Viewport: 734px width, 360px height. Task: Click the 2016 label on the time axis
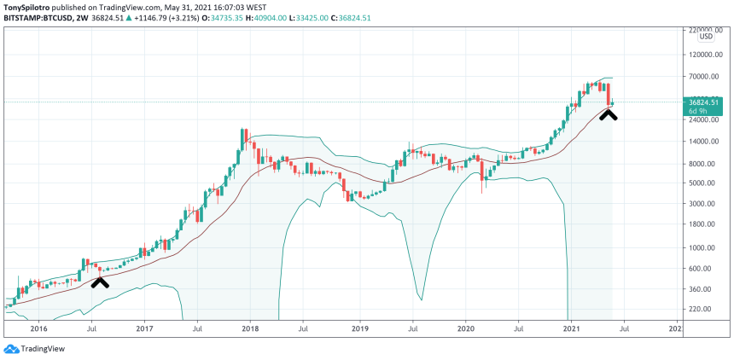[x=38, y=328]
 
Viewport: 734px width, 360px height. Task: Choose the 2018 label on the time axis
[x=250, y=328]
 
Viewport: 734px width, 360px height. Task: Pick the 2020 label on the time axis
[x=466, y=328]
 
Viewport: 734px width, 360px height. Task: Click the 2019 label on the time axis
[x=359, y=328]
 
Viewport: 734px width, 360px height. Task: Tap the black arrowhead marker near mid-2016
[x=100, y=282]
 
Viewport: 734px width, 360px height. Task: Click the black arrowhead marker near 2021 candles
[x=608, y=114]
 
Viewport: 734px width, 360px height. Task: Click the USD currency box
[x=706, y=36]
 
